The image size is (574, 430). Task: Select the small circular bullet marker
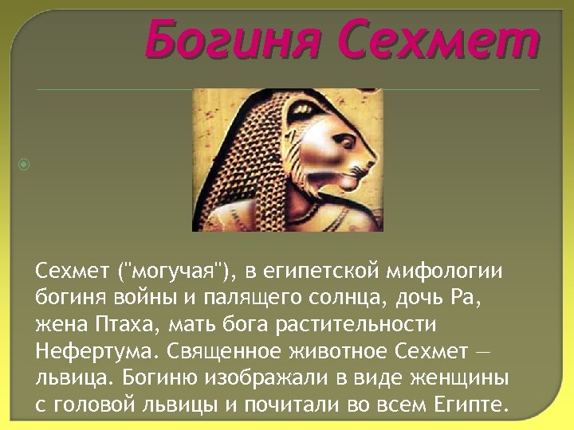[25, 165]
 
